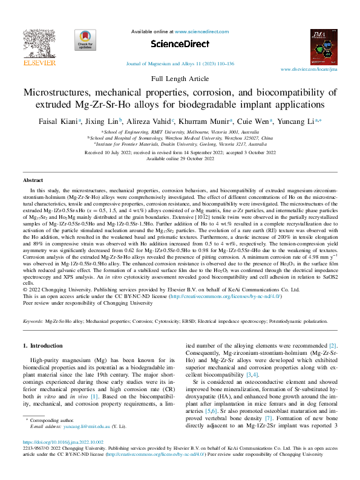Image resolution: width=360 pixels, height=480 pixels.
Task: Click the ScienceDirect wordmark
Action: [x=179, y=44]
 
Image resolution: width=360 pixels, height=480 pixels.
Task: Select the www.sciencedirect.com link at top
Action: [x=200, y=30]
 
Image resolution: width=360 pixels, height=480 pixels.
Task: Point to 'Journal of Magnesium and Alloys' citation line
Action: [x=179, y=63]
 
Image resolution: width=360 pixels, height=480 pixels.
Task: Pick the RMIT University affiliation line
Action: [x=180, y=131]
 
